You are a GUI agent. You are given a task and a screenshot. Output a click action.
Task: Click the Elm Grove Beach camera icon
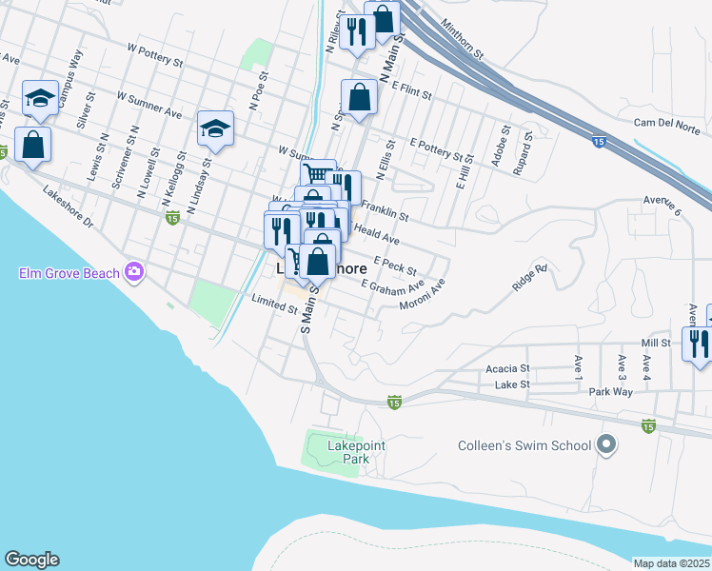[x=134, y=273]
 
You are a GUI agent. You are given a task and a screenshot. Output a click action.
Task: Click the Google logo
[x=31, y=560]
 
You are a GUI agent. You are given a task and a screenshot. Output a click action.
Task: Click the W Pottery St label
[x=154, y=54]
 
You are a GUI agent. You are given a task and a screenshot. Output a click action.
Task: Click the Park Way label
[x=610, y=391]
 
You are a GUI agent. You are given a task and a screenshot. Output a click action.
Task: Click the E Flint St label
[x=411, y=90]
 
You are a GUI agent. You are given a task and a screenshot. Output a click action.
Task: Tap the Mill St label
[x=656, y=343]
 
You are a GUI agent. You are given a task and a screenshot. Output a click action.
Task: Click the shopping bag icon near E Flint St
[x=359, y=97]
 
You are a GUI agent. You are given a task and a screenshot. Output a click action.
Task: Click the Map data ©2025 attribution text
[x=672, y=563]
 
